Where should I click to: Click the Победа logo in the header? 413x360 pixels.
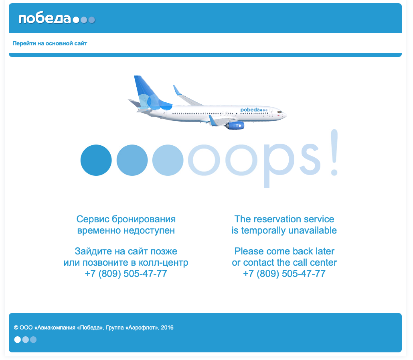pyautogui.click(x=57, y=19)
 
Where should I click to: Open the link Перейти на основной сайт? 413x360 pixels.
pyautogui.click(x=50, y=43)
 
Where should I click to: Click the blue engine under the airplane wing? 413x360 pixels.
pyautogui.click(x=235, y=126)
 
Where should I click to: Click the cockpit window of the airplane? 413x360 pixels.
pyautogui.click(x=280, y=112)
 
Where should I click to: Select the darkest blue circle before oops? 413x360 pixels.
pyautogui.click(x=96, y=160)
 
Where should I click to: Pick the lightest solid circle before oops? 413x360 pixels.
pyautogui.click(x=168, y=160)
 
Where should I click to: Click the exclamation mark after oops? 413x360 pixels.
pyautogui.click(x=334, y=153)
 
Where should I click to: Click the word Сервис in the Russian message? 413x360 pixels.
pyautogui.click(x=93, y=219)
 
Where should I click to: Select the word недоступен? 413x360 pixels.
pyautogui.click(x=149, y=231)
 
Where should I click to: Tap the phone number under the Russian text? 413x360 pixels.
pyautogui.click(x=126, y=274)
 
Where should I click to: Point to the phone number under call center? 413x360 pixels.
pyautogui.click(x=284, y=274)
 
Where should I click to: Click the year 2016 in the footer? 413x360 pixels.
pyautogui.click(x=167, y=327)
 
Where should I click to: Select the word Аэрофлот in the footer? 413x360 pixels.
pyautogui.click(x=142, y=327)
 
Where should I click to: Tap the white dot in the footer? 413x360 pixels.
pyautogui.click(x=17, y=340)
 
